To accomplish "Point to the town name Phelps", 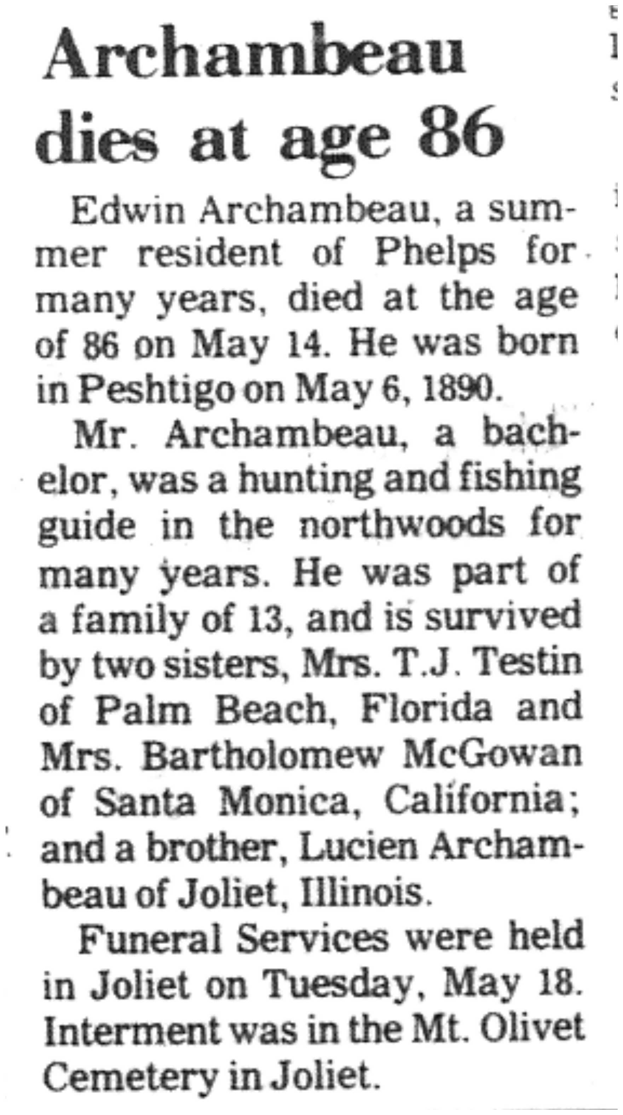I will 434,253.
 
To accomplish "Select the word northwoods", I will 402,524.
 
